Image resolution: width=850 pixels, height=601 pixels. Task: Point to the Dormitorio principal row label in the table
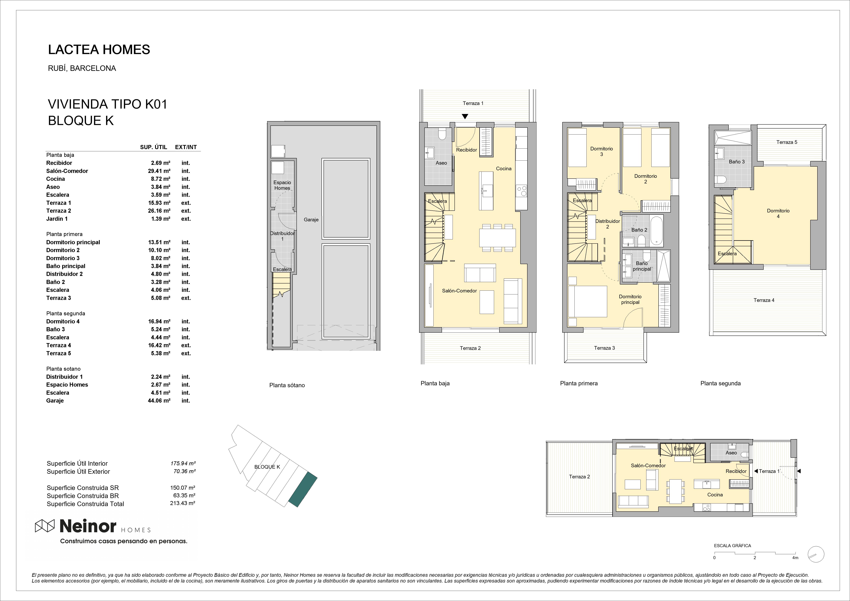[x=73, y=242]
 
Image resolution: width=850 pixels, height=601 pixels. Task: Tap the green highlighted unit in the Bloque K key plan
[x=303, y=489]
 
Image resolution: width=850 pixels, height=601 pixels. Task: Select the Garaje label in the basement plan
[x=311, y=220]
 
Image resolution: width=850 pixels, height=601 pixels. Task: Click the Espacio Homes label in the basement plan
[x=282, y=185]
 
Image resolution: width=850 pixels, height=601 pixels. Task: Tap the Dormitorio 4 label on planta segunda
[x=778, y=213]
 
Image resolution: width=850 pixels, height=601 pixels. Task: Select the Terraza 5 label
[x=787, y=142]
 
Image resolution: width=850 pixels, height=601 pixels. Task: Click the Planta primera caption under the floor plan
[x=579, y=383]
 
